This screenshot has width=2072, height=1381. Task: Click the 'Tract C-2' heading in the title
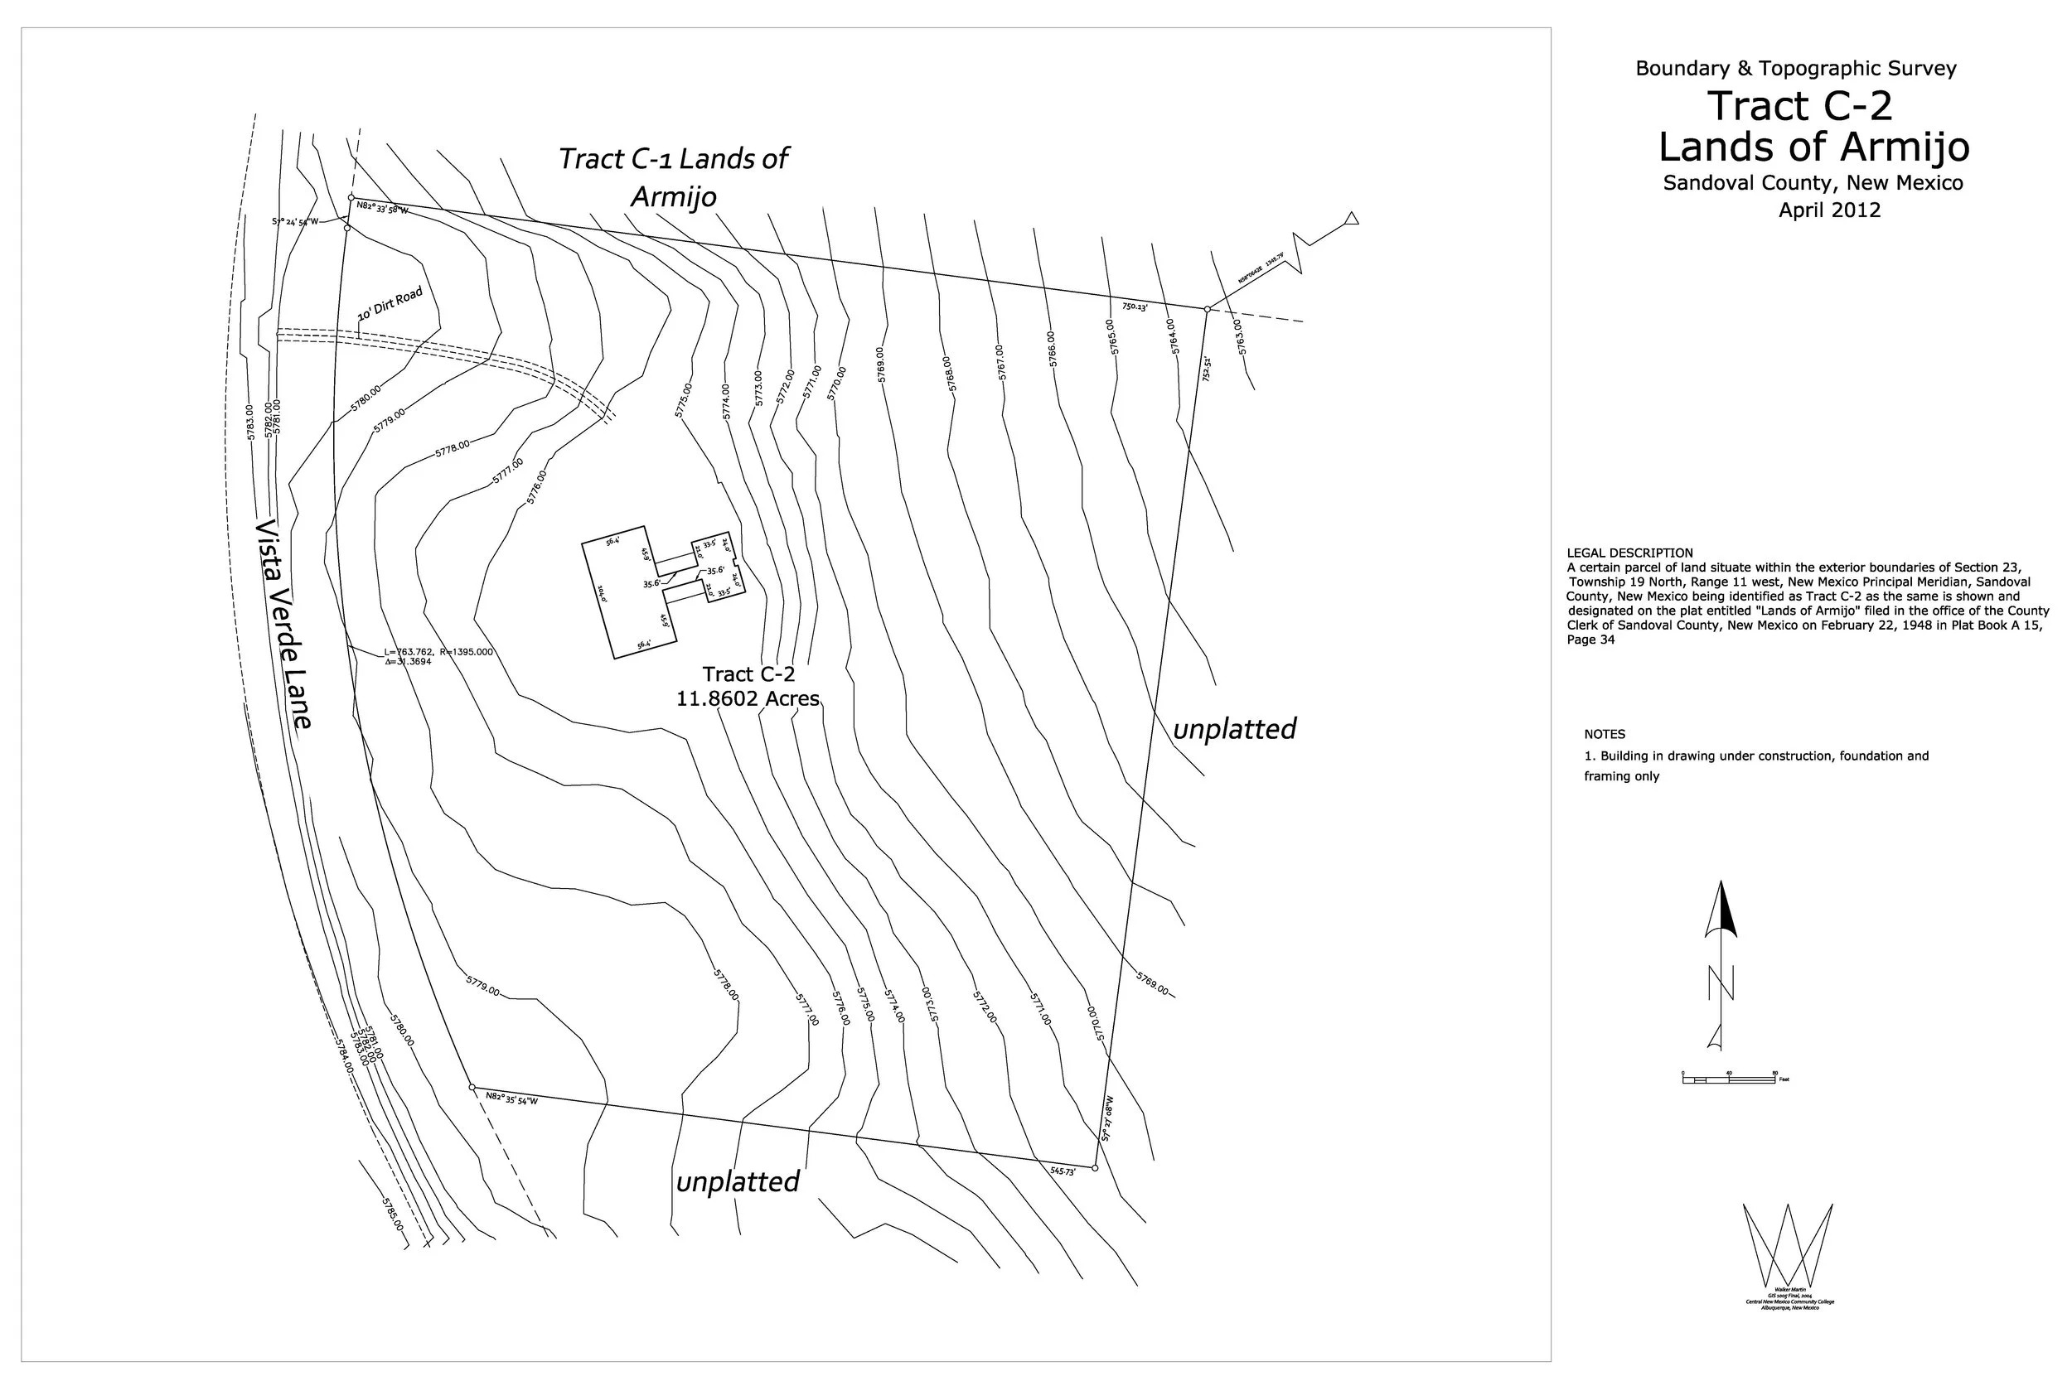(x=1800, y=107)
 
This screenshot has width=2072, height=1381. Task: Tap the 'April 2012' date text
(x=1829, y=210)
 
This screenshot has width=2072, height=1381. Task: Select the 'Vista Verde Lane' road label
(x=283, y=625)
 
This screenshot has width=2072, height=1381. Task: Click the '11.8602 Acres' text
(x=747, y=698)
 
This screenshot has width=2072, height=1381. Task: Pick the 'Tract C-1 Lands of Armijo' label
(x=673, y=177)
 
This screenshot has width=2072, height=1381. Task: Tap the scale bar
(x=1728, y=1078)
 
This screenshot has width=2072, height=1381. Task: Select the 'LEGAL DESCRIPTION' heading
(x=1629, y=553)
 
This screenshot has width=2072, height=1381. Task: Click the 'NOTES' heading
(x=1605, y=734)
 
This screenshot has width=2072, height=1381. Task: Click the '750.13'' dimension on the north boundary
(x=1135, y=307)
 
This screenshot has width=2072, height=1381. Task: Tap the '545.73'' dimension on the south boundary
(x=1063, y=1171)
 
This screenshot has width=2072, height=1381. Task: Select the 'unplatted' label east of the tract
(x=1234, y=728)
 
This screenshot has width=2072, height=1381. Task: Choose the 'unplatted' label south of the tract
(x=738, y=1181)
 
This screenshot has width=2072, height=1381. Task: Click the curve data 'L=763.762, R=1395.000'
(x=438, y=652)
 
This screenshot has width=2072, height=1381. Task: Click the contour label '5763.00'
(x=1240, y=336)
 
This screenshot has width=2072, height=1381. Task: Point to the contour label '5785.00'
(x=393, y=1214)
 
